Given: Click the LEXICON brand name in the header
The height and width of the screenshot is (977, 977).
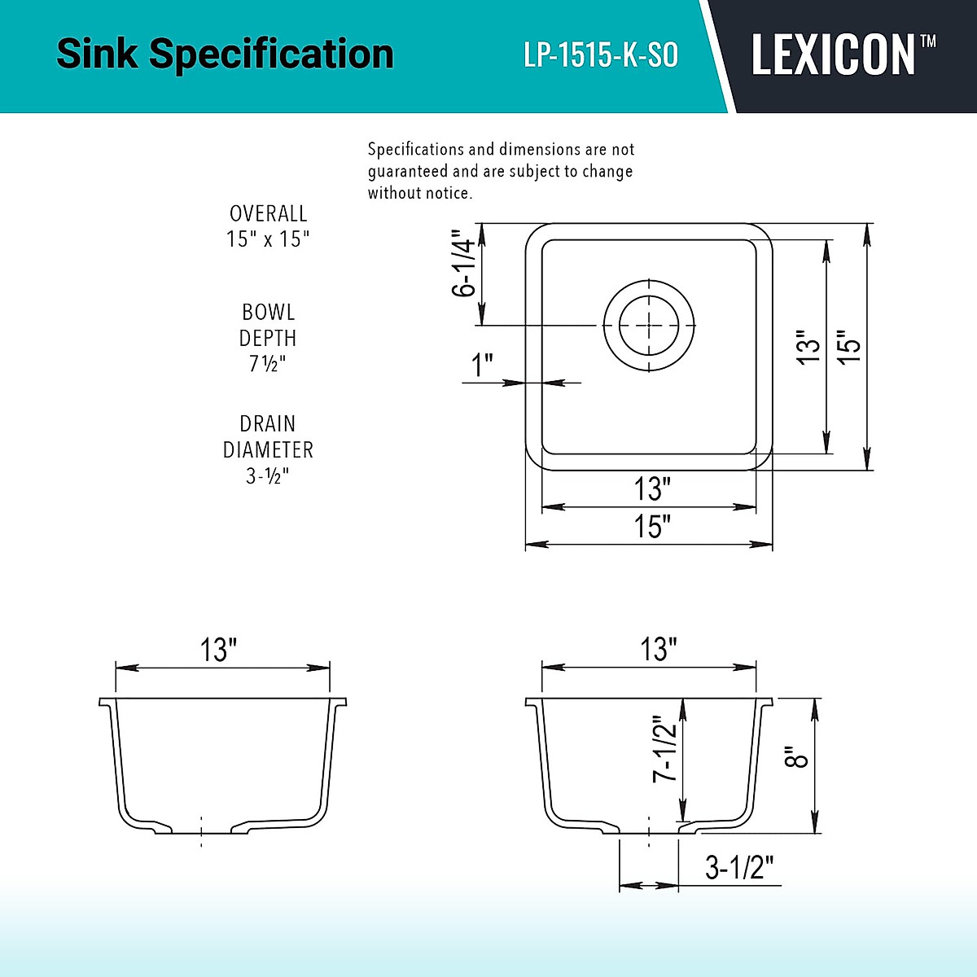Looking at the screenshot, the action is click(x=833, y=55).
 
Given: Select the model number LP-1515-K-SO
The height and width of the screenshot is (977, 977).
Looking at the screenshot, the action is click(x=601, y=55).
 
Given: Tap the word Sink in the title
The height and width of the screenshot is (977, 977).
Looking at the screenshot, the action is click(x=97, y=54).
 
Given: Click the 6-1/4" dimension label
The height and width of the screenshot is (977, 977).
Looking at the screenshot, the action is click(x=464, y=263).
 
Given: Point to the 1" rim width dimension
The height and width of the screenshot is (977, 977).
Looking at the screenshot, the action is click(x=482, y=366).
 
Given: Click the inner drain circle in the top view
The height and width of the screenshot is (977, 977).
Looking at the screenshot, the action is click(x=649, y=326).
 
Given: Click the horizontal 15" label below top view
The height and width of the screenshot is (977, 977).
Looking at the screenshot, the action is click(x=652, y=526).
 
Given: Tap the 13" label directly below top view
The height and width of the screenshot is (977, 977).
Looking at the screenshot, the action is click(x=652, y=488).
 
